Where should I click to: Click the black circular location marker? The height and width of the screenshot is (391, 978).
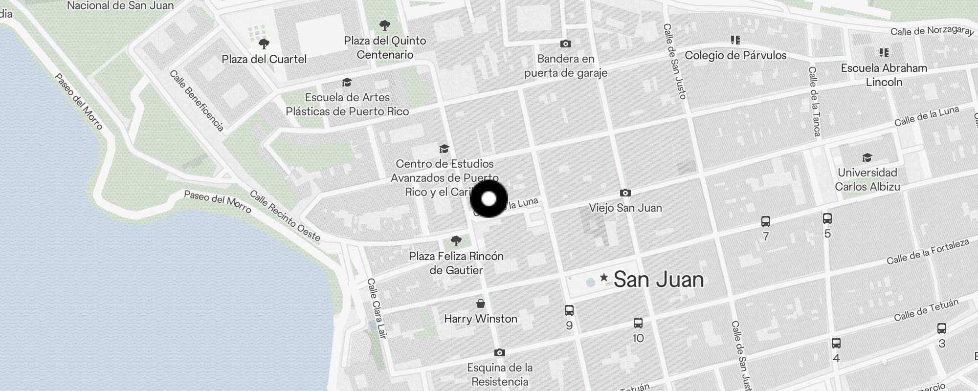tap(489, 199)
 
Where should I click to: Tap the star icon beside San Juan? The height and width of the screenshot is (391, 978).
tap(604, 278)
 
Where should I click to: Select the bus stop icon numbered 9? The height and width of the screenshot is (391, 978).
tap(569, 310)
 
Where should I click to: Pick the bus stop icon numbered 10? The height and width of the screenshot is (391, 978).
tap(638, 323)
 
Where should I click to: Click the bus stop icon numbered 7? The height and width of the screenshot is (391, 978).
tap(766, 221)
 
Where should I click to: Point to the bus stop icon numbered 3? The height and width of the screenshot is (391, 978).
tap(942, 328)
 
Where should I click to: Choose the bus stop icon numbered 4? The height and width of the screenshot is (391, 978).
tap(836, 343)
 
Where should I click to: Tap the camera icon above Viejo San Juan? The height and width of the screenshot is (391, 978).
tap(625, 193)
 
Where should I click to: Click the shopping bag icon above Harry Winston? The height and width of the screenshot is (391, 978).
tap(481, 304)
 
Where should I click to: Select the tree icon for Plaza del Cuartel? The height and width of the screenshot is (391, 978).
tap(264, 44)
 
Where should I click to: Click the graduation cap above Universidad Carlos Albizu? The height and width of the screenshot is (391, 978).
tap(867, 157)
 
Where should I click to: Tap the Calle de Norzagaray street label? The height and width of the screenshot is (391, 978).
tap(932, 31)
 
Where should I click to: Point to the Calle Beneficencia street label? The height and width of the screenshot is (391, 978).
tap(197, 101)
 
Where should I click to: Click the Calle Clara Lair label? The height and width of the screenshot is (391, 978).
tap(377, 308)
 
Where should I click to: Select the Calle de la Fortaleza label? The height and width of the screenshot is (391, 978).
tap(928, 252)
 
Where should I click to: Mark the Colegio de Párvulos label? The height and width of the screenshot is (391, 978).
tap(735, 55)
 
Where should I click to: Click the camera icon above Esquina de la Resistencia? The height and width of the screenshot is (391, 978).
tap(499, 352)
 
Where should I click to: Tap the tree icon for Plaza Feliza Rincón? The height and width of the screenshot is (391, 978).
tap(456, 240)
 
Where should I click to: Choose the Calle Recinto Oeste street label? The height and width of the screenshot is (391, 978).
tap(285, 216)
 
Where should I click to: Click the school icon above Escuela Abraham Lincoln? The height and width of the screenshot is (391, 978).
tap(884, 52)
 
